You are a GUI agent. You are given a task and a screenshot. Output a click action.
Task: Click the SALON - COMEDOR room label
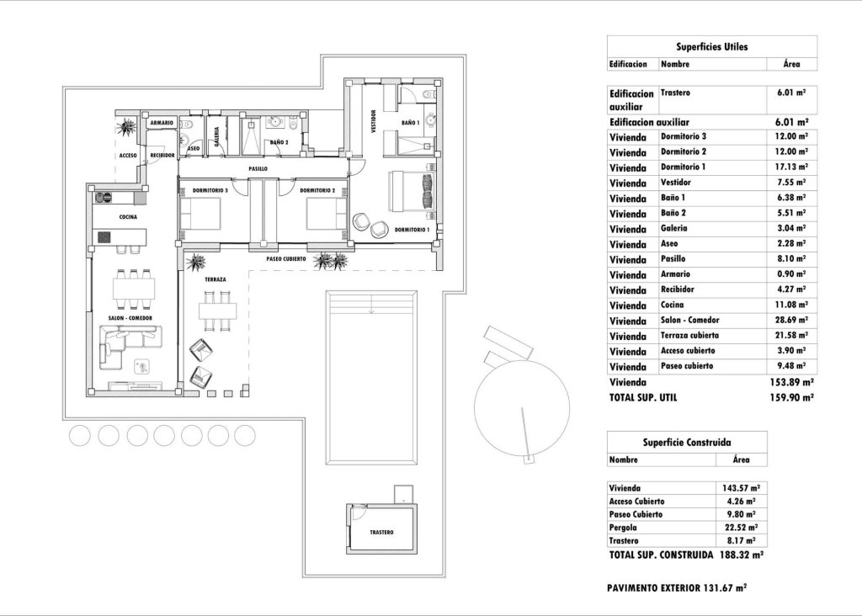130,317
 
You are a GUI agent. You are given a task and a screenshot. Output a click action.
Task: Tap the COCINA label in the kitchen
128,216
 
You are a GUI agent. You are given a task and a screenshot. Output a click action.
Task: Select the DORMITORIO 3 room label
210,190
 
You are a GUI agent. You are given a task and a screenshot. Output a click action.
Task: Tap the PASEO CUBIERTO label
285,259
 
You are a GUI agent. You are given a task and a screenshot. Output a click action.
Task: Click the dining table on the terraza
215,310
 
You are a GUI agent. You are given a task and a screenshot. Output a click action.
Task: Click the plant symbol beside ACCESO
127,128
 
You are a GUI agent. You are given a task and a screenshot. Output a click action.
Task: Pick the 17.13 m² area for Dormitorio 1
791,167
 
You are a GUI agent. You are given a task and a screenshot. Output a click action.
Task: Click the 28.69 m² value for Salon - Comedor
791,321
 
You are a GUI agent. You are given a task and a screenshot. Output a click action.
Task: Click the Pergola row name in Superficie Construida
624,526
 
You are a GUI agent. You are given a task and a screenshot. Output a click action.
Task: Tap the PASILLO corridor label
258,169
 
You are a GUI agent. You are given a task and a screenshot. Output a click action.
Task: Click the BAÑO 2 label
279,143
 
